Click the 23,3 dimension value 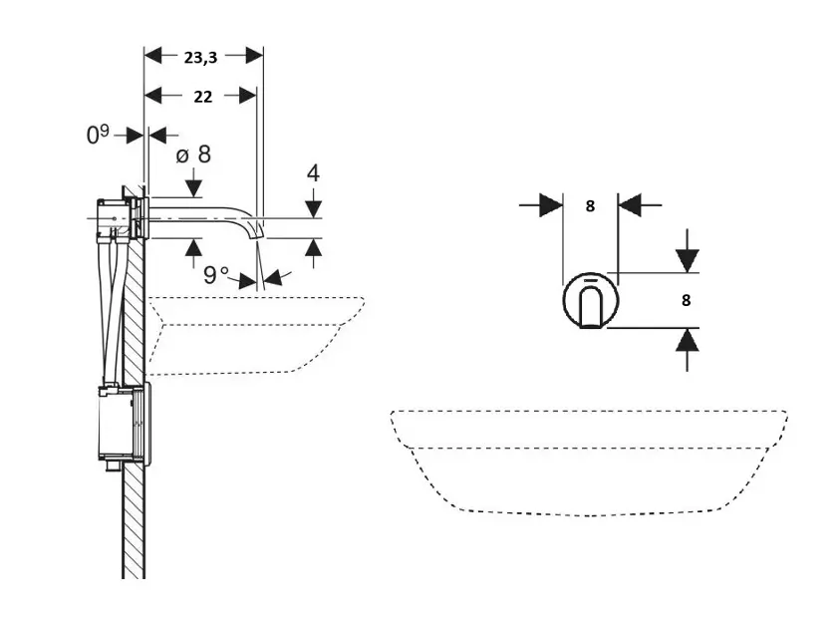(201, 57)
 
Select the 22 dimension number (202, 97)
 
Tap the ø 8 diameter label (193, 155)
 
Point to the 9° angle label (216, 275)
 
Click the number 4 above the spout (313, 172)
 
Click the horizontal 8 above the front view (590, 206)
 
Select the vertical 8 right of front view (687, 299)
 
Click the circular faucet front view (591, 299)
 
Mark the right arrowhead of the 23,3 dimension (254, 57)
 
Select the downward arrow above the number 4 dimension (313, 207)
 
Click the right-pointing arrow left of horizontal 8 (550, 206)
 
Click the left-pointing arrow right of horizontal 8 (631, 206)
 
